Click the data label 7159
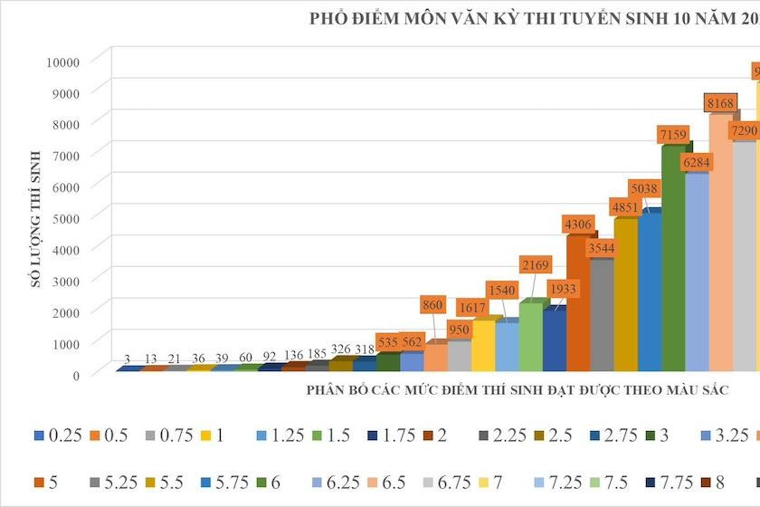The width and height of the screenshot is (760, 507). (x=675, y=136)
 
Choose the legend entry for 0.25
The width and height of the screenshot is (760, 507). (x=58, y=436)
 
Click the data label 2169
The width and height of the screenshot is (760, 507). (x=533, y=265)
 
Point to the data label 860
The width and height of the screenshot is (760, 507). (x=435, y=305)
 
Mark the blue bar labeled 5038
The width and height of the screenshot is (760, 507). (x=649, y=290)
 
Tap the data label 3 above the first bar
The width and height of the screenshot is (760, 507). (x=128, y=359)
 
